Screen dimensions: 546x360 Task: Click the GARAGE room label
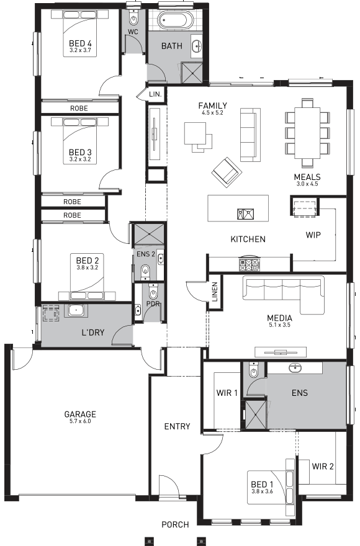(x=80, y=414)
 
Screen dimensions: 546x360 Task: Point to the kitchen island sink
(x=243, y=214)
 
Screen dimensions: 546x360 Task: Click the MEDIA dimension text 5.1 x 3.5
(x=280, y=324)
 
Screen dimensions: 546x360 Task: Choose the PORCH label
(x=175, y=525)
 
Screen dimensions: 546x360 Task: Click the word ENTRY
(x=177, y=426)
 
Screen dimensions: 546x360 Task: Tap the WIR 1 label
(x=227, y=393)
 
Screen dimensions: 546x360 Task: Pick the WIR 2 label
(x=323, y=466)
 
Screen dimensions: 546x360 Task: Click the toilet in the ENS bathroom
(x=253, y=371)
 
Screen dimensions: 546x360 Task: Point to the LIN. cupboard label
(x=155, y=94)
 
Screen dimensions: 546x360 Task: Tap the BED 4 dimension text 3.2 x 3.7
(x=80, y=50)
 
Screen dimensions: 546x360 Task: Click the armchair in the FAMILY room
(x=224, y=169)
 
